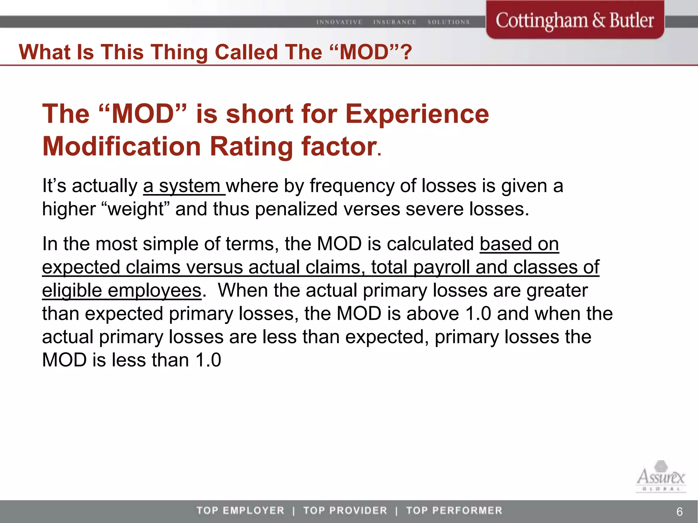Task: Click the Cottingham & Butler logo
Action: click(x=575, y=20)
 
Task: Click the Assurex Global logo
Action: click(x=661, y=481)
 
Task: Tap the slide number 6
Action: click(x=679, y=511)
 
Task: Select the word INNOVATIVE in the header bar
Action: click(x=339, y=22)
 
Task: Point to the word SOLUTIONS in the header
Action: click(x=449, y=22)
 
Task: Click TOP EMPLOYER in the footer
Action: click(x=240, y=510)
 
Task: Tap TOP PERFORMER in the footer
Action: click(x=454, y=510)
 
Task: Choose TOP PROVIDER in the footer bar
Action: click(x=345, y=510)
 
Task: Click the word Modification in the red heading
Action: click(x=122, y=146)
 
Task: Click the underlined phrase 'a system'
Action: click(x=183, y=186)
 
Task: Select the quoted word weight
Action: click(x=136, y=209)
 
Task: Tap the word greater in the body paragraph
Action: click(x=557, y=290)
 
